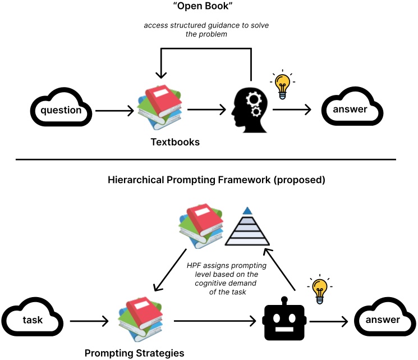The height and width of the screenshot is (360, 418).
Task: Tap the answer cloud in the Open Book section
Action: (x=353, y=109)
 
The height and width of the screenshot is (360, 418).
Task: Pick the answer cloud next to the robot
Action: (x=383, y=320)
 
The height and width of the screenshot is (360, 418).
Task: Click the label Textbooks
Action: (x=175, y=142)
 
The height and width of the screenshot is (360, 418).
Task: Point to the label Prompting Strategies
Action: (x=134, y=353)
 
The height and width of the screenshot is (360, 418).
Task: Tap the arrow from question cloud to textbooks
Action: (x=114, y=111)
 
